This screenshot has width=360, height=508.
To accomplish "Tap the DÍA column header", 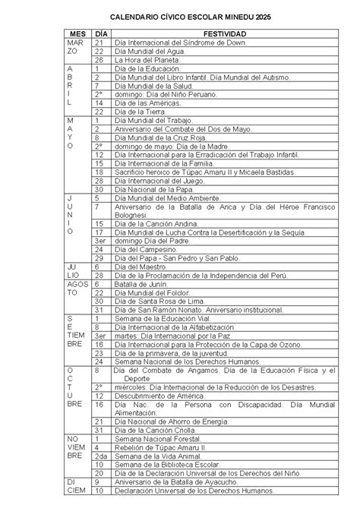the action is tap(100, 35).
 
